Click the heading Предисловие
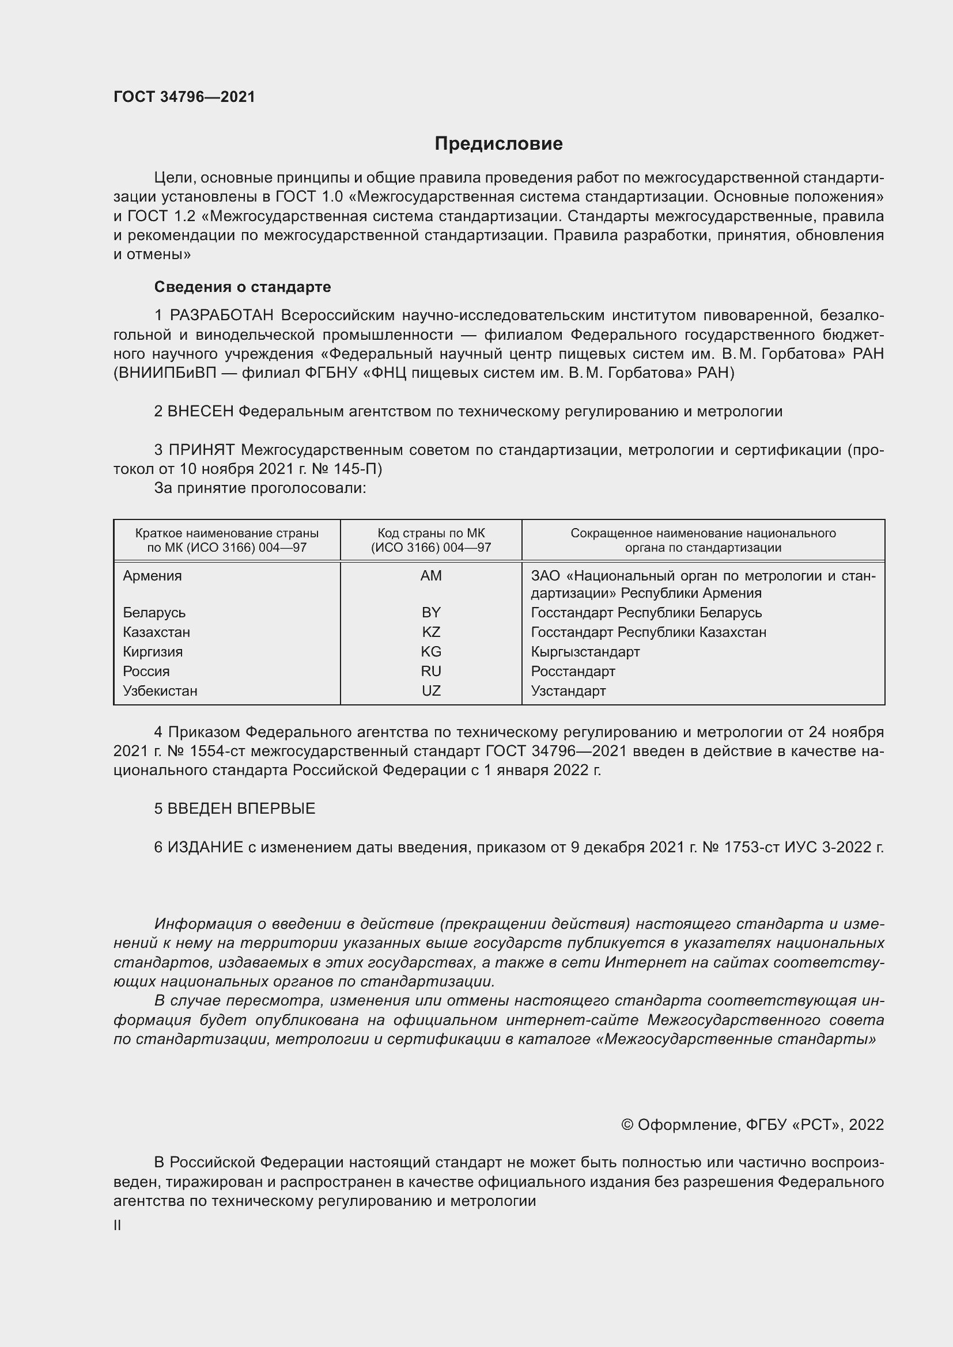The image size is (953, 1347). tap(498, 144)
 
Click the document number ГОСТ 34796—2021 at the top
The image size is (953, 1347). tap(184, 97)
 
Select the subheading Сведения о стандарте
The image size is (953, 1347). tap(243, 287)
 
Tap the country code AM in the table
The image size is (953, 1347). tap(431, 575)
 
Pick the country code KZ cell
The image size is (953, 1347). tap(431, 632)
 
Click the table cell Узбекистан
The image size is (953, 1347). tap(160, 690)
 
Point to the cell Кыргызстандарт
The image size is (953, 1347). tap(585, 652)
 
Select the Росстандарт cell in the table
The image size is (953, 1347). tap(573, 671)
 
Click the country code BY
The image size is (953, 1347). tap(431, 613)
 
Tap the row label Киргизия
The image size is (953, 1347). tap(153, 652)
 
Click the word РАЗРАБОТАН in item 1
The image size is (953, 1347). tap(221, 316)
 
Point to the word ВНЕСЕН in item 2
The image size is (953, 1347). tap(201, 411)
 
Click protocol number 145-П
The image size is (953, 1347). tap(357, 469)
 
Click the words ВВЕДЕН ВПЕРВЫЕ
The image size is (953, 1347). tap(241, 809)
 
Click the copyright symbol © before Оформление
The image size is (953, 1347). tap(627, 1125)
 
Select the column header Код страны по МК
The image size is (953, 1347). tap(431, 533)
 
